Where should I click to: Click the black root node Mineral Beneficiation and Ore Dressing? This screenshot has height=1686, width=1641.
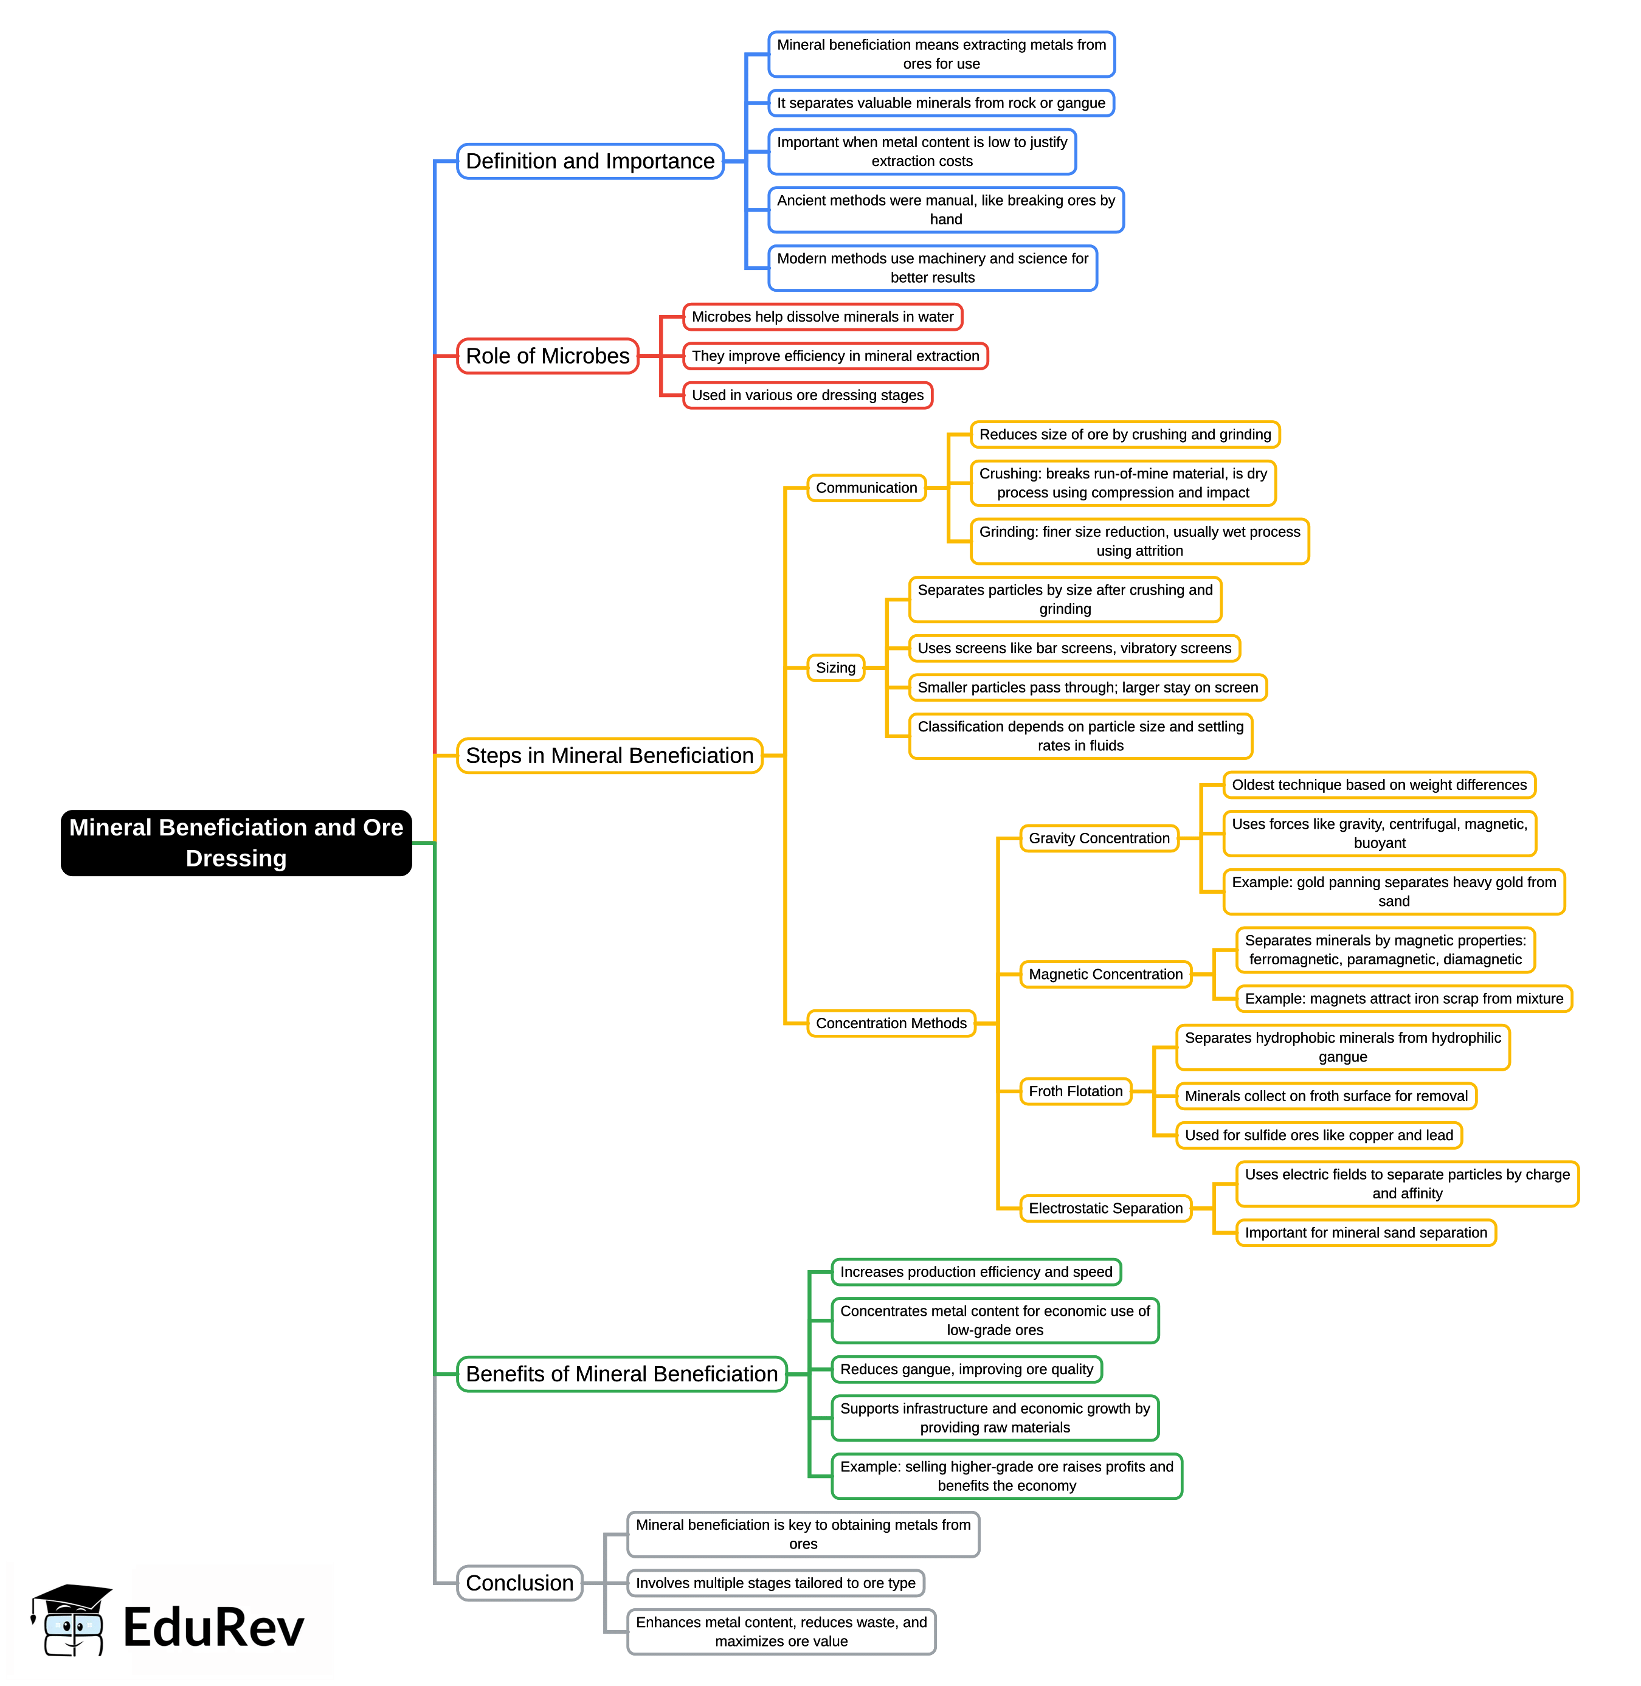click(x=235, y=842)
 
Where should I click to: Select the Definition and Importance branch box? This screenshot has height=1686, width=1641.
click(x=590, y=161)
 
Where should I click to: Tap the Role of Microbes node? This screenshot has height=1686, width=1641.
click(x=547, y=356)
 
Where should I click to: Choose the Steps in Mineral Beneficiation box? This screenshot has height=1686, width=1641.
click(x=609, y=755)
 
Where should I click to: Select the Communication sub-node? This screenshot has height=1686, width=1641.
click(x=866, y=488)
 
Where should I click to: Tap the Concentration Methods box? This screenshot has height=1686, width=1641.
click(x=891, y=1023)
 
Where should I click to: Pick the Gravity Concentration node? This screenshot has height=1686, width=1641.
click(x=1099, y=838)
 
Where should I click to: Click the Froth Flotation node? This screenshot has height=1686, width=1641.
click(x=1075, y=1091)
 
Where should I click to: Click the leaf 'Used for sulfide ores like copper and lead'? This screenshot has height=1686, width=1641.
click(x=1319, y=1135)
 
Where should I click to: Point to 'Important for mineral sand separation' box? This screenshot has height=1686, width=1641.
click(x=1365, y=1232)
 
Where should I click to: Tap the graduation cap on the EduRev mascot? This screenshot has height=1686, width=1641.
click(x=72, y=1597)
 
